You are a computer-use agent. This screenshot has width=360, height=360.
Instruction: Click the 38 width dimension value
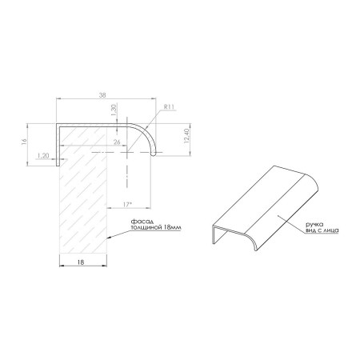[102, 95]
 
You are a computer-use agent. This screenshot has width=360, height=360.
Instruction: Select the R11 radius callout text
[169, 107]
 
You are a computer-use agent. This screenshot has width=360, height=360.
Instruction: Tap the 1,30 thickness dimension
[114, 110]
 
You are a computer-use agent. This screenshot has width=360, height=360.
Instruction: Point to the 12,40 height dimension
[186, 136]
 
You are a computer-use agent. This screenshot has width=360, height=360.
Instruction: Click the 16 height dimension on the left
[24, 142]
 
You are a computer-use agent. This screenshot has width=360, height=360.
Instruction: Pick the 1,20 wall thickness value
[43, 155]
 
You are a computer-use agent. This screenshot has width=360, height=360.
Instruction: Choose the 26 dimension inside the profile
[117, 142]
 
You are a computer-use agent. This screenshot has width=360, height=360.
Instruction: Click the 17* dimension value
[128, 205]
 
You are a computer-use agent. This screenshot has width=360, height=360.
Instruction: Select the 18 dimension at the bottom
[81, 262]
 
